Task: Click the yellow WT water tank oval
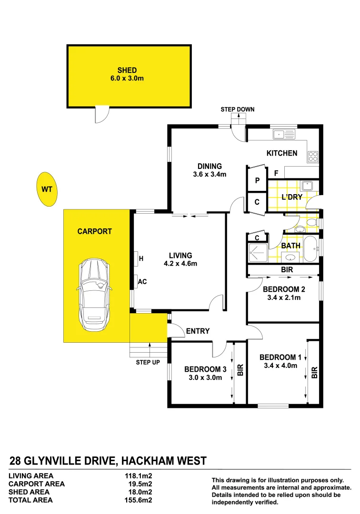click(x=46, y=189)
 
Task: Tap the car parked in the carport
click(x=95, y=295)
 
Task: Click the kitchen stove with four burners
click(x=313, y=156)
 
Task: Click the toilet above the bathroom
click(x=312, y=222)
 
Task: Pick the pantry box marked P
click(x=257, y=180)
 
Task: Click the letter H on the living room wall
click(x=141, y=259)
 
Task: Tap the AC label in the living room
click(x=142, y=281)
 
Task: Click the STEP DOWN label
click(x=237, y=109)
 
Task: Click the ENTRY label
click(x=198, y=331)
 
